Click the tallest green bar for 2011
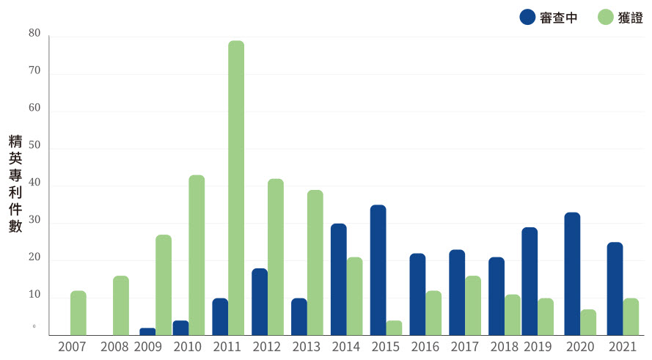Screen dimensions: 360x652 [x=235, y=188]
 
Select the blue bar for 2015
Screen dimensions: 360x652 [x=378, y=270]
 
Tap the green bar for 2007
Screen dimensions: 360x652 [x=78, y=313]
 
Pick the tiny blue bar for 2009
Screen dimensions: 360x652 [x=147, y=331]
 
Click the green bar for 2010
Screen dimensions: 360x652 [x=197, y=255]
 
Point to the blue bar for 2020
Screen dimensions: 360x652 [x=572, y=273]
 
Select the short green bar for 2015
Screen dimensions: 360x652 [x=394, y=328]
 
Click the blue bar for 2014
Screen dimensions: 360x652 [x=338, y=279]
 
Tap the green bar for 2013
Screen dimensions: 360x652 [x=315, y=262]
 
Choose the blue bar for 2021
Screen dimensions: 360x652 [x=615, y=288]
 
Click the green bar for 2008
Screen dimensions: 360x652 [x=121, y=306]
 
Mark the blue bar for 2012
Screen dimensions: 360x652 [x=260, y=301]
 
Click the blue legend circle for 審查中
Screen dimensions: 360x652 [x=527, y=17]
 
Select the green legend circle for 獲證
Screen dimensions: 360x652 [x=605, y=17]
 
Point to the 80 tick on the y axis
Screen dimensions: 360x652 [x=34, y=34]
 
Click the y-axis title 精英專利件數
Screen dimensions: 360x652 [x=15, y=183]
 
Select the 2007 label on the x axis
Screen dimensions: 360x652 [x=73, y=347]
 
